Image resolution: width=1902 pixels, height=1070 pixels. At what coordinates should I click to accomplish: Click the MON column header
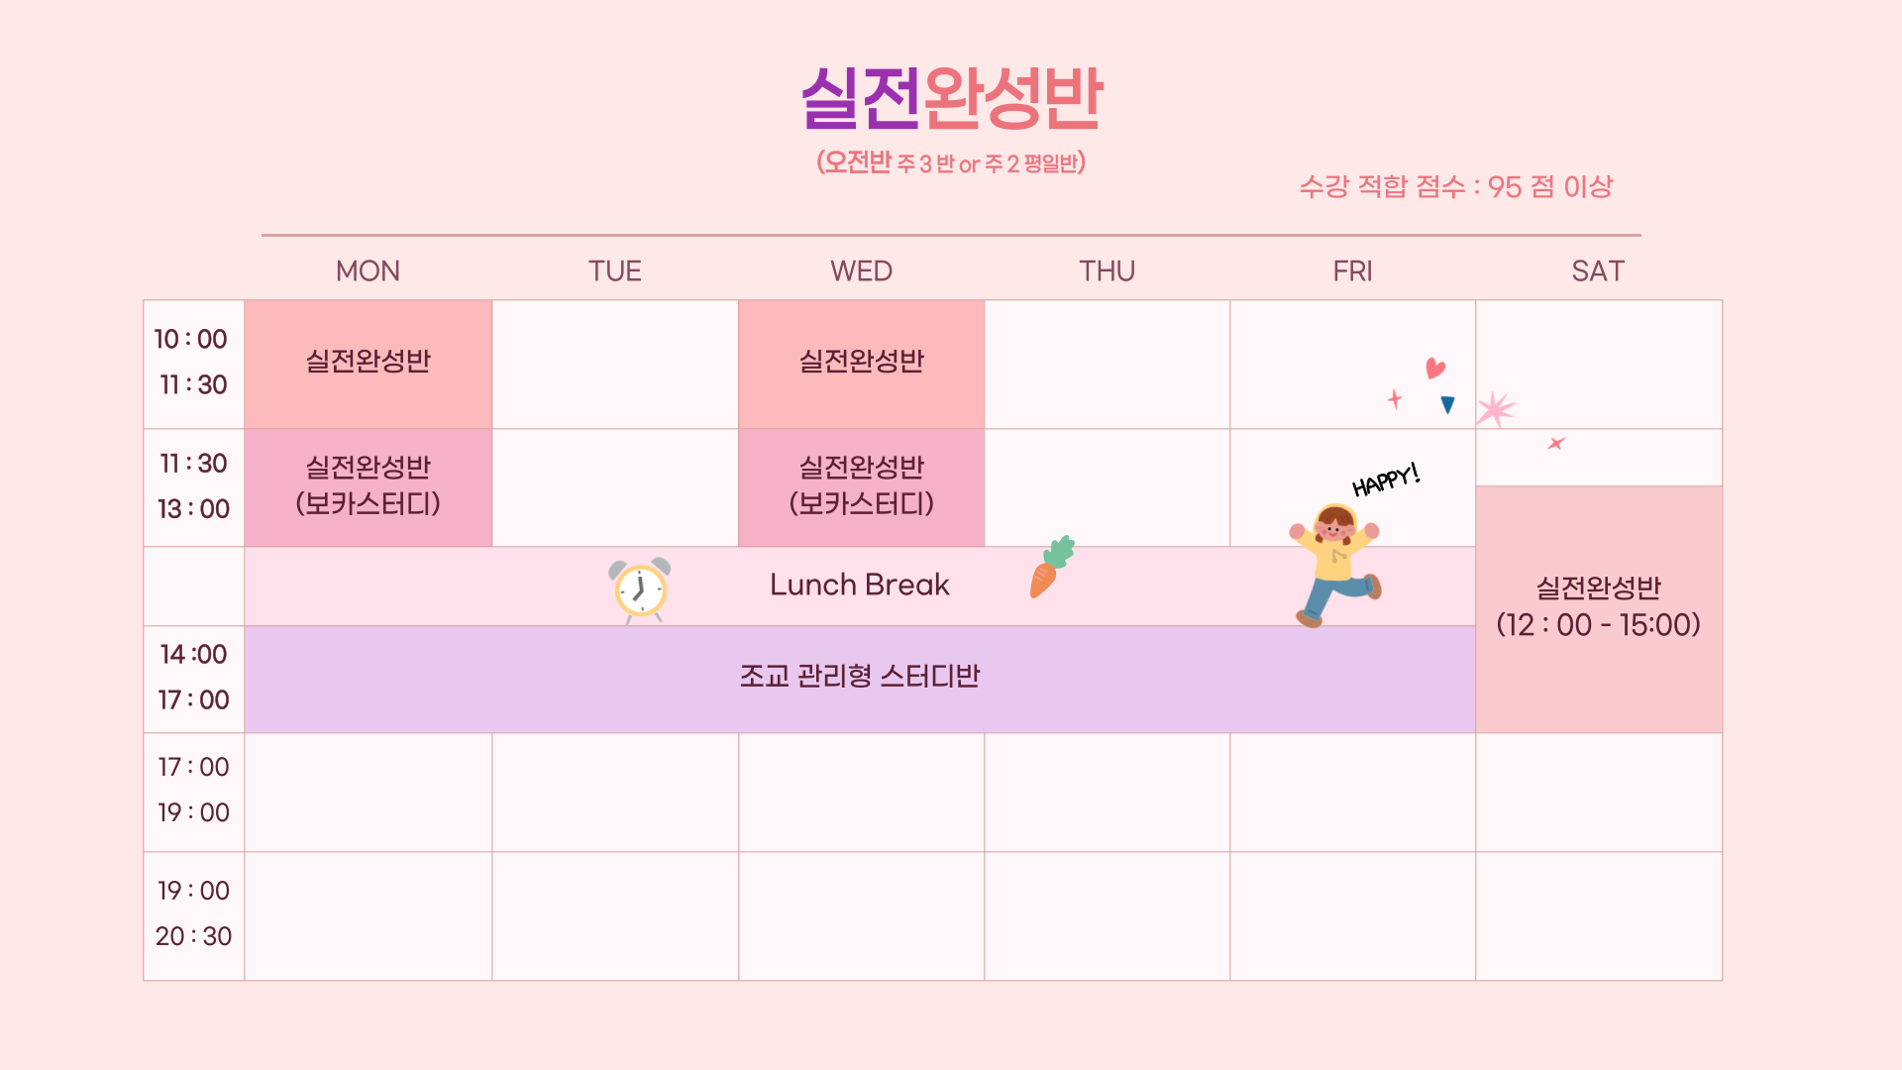(368, 270)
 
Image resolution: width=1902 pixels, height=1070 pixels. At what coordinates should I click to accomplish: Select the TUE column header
(614, 270)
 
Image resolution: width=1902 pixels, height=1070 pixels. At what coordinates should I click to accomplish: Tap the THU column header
(1107, 270)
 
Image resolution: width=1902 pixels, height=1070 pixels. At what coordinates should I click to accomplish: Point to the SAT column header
(1598, 270)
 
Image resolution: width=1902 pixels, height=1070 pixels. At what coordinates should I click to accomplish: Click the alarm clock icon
(640, 589)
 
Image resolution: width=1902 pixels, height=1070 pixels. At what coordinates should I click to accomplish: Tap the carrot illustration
(1051, 567)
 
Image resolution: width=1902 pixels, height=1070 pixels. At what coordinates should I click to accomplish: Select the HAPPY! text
(1386, 480)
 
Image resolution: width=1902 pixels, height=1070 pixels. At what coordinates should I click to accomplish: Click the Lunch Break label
(860, 585)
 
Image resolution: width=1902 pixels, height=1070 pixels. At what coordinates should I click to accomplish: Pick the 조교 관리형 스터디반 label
(860, 676)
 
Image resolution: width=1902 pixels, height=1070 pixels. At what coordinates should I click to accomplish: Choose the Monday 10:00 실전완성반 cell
(368, 364)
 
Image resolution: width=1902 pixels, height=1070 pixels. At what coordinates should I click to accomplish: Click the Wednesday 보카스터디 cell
(861, 487)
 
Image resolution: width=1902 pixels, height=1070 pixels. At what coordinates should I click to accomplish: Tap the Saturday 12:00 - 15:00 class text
(1598, 606)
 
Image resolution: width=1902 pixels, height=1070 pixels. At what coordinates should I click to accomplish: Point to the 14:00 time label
(193, 654)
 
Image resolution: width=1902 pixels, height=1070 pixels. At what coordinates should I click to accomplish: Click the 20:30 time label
(193, 936)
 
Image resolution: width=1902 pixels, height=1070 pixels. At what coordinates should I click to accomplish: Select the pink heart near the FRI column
(1435, 369)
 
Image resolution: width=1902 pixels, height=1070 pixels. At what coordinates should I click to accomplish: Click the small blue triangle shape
(1448, 404)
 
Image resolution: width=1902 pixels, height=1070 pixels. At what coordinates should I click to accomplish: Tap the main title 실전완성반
(952, 98)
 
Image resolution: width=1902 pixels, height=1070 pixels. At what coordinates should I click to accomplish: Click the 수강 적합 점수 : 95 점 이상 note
(1456, 186)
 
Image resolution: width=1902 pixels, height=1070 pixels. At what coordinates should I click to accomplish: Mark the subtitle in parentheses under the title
(951, 162)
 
